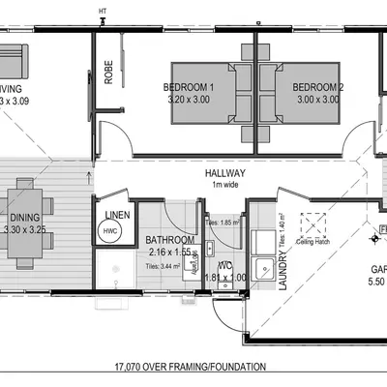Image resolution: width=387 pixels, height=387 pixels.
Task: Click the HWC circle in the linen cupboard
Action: click(x=109, y=232)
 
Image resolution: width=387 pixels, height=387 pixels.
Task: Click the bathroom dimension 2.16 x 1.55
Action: click(x=170, y=251)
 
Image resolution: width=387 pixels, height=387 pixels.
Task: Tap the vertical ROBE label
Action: click(x=109, y=74)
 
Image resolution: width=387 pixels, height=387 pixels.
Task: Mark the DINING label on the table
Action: click(x=24, y=219)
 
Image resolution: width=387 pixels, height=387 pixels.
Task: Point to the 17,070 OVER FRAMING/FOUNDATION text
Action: click(x=193, y=368)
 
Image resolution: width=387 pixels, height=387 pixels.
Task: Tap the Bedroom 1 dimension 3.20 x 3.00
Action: click(x=189, y=99)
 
